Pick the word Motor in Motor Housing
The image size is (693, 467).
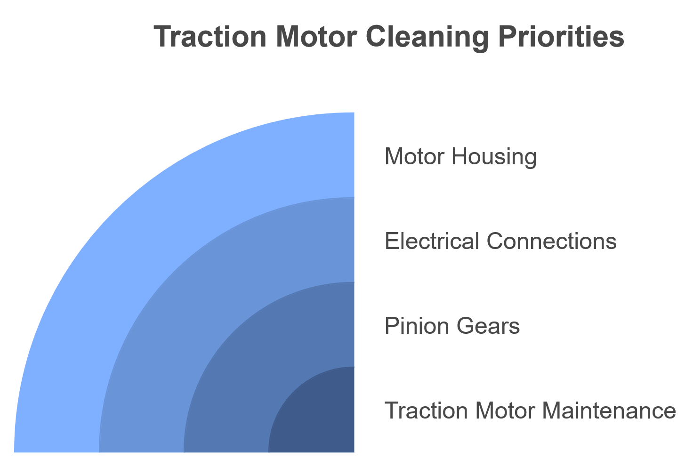pos(414,157)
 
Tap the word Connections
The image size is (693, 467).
pos(551,242)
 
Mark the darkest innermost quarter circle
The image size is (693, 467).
pos(320,419)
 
